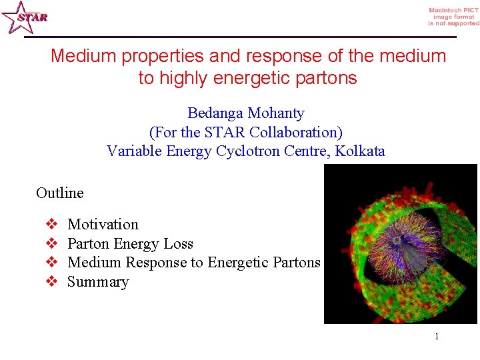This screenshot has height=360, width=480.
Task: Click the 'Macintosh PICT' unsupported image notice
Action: (x=453, y=17)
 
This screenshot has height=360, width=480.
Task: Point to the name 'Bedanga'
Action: (x=215, y=113)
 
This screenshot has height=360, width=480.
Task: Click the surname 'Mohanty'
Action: (x=275, y=113)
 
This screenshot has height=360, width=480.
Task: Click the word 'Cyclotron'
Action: (x=247, y=151)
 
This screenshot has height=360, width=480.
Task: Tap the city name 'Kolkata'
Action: (x=360, y=151)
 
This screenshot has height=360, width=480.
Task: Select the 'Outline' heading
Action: (x=60, y=193)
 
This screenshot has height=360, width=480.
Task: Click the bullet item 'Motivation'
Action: (x=103, y=225)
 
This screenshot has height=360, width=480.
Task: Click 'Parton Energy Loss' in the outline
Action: (x=131, y=244)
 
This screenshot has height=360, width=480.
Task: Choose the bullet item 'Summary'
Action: (x=98, y=282)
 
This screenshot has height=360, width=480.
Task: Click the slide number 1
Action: (x=437, y=337)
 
